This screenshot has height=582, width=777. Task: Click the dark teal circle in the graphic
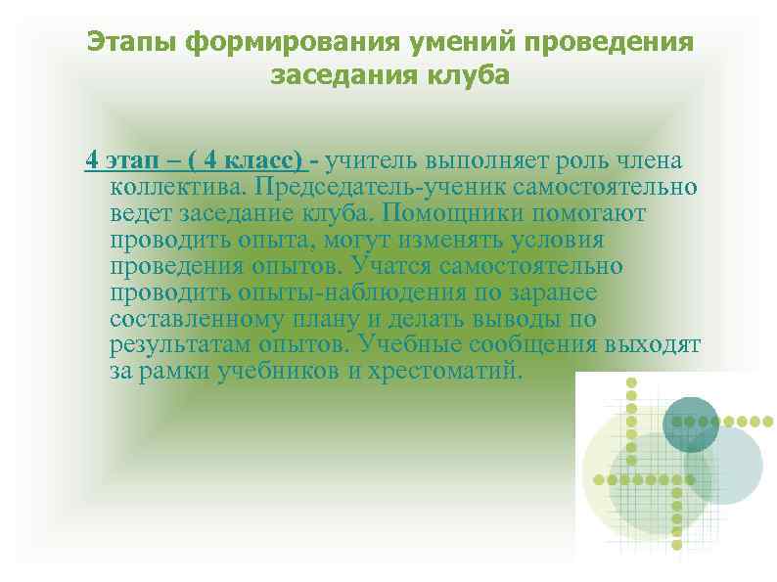pyautogui.click(x=691, y=423)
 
